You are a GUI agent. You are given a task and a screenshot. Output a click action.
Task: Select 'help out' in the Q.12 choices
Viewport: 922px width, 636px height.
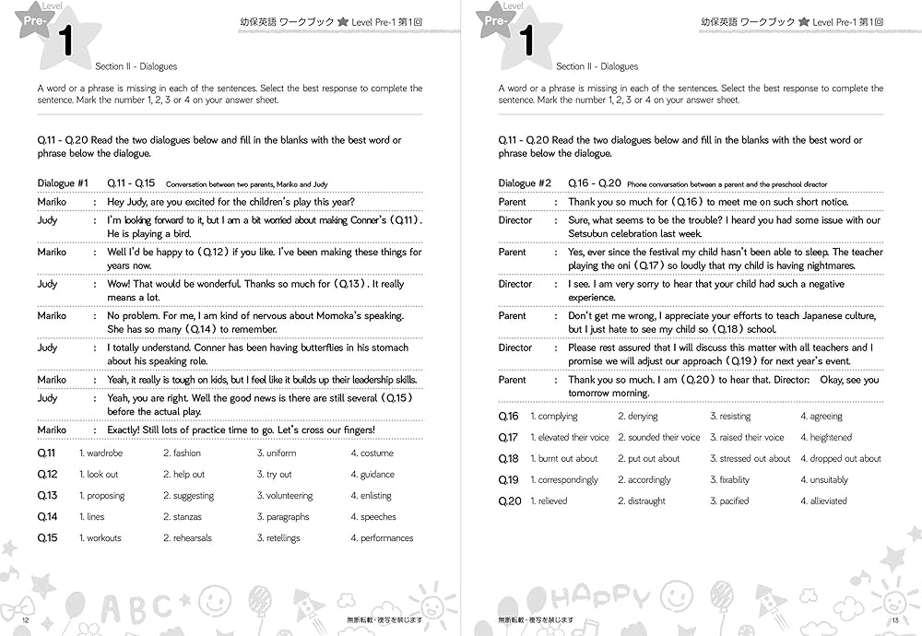188,475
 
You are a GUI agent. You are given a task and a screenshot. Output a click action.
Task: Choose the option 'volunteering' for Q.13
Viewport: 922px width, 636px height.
290,496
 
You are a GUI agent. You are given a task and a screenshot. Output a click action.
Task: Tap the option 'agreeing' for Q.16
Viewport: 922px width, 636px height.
826,417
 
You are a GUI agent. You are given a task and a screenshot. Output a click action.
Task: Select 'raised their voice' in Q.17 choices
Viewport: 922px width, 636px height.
751,438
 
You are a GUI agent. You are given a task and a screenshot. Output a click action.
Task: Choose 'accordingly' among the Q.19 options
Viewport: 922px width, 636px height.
649,480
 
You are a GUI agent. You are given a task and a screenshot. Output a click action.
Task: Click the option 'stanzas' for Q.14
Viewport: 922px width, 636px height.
187,517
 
